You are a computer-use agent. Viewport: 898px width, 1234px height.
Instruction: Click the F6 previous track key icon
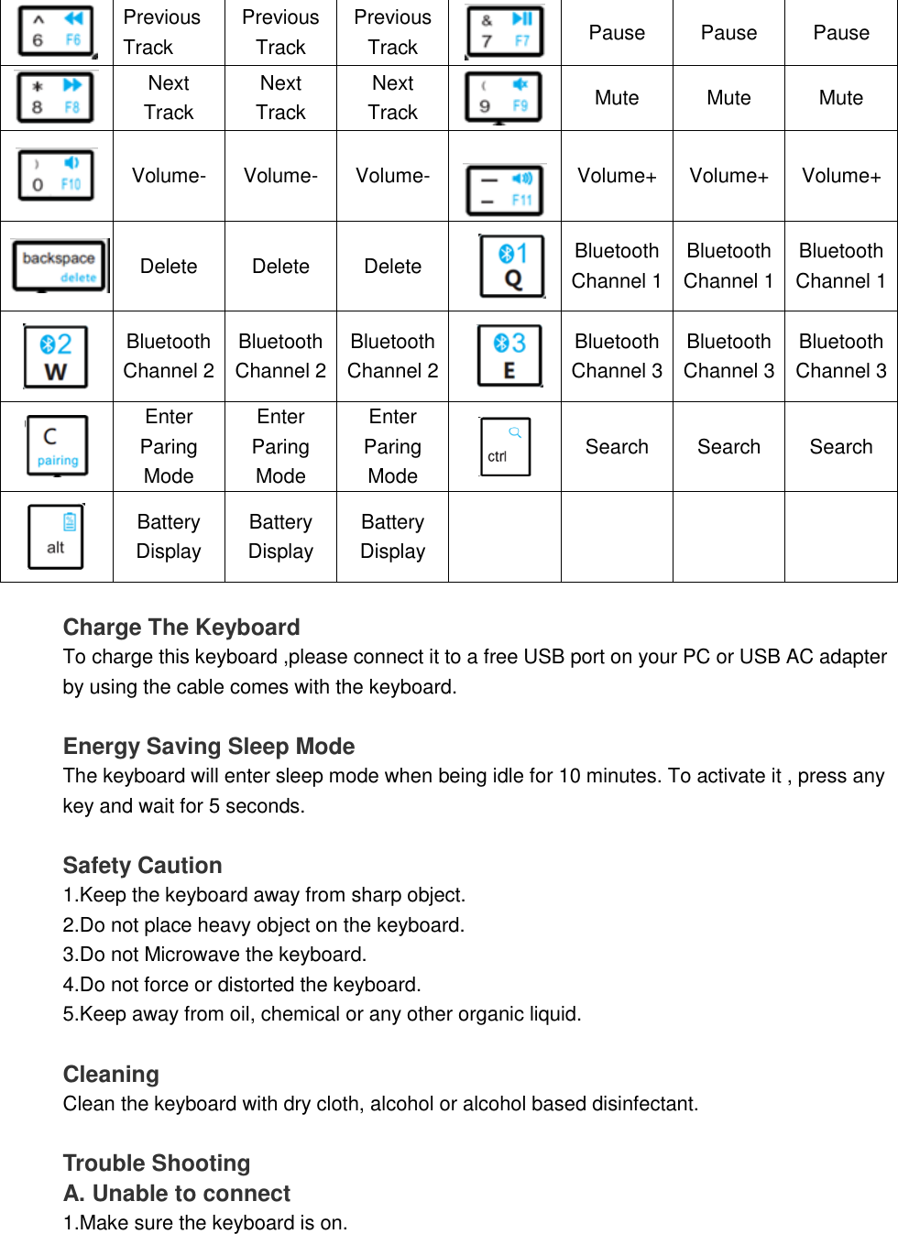coord(56,31)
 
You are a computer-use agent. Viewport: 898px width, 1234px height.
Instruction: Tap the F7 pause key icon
coord(505,31)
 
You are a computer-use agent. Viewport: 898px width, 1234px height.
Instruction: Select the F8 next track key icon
coord(56,97)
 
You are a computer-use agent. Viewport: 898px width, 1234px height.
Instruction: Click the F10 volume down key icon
coord(56,175)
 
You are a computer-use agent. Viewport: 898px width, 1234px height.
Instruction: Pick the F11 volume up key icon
coord(505,190)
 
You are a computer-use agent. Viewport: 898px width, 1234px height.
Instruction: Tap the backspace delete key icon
coord(59,266)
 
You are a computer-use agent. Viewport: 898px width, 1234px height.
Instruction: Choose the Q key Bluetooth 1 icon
coord(512,266)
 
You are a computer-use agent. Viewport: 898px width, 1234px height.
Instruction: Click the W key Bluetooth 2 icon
coord(56,356)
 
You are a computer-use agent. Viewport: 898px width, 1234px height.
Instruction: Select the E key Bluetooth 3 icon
coord(509,355)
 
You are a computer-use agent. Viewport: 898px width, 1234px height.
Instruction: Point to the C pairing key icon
coord(58,446)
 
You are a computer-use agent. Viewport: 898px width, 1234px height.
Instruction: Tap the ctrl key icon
coord(505,446)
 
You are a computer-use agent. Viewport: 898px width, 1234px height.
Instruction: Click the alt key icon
coord(56,537)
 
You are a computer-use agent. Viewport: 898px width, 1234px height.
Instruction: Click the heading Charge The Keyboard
coord(181,628)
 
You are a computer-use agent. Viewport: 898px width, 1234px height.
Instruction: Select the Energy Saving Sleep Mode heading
coord(209,747)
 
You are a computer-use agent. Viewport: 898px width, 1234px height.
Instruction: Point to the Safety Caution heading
coord(143,866)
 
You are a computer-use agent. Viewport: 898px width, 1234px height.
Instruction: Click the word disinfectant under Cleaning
coord(643,1104)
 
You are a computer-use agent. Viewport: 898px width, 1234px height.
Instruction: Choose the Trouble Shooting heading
coord(157,1163)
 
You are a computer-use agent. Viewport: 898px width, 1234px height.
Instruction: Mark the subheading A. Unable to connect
coord(177,1194)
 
